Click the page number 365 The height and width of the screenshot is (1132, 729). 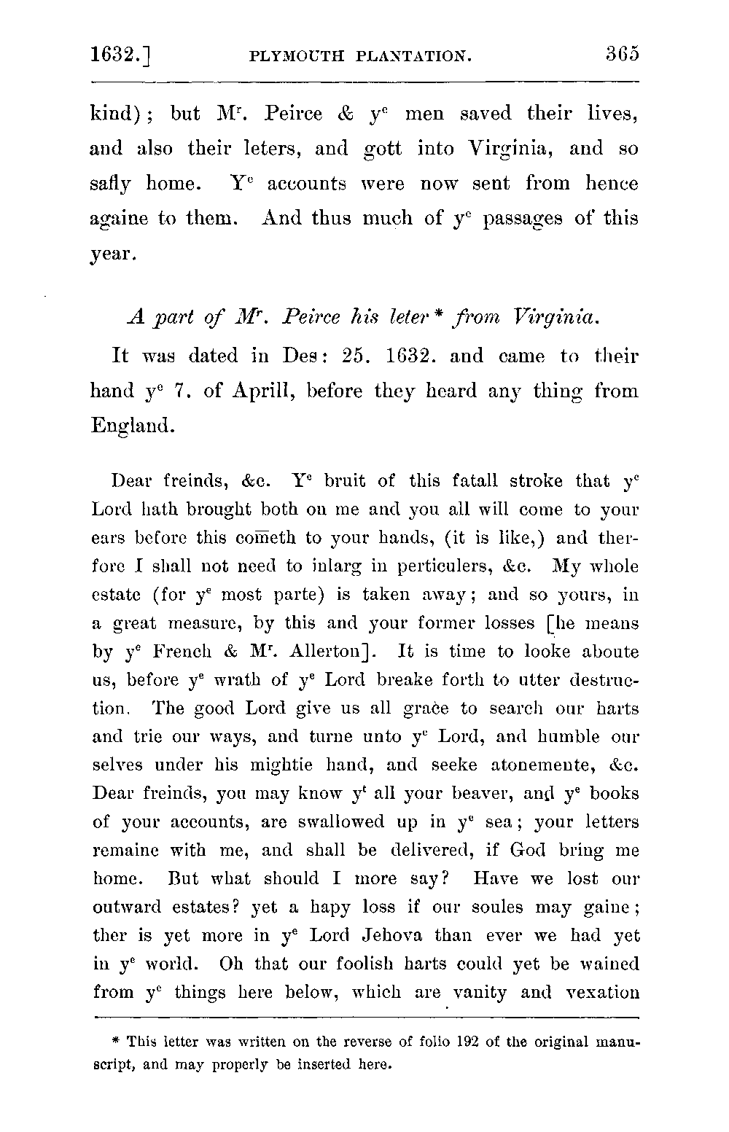(621, 55)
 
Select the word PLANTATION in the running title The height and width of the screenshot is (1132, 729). (410, 56)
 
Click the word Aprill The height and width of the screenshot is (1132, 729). (262, 391)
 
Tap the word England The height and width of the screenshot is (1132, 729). (133, 426)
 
